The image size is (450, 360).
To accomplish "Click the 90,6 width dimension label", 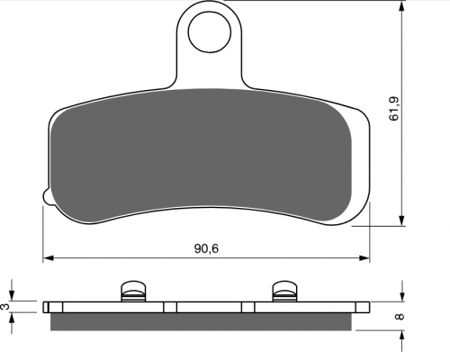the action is [x=206, y=248].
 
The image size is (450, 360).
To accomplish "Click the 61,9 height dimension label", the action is [x=394, y=109].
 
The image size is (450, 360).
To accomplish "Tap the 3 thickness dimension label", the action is [x=5, y=307].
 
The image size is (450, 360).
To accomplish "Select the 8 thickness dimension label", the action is [x=400, y=317].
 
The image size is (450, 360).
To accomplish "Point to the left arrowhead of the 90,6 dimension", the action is [x=48, y=258].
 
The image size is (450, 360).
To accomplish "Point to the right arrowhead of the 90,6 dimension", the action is [x=364, y=258].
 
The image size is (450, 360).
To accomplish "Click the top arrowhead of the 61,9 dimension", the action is [x=401, y=5].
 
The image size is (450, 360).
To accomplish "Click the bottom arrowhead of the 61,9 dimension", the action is [x=401, y=220].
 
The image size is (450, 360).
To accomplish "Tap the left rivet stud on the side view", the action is [x=133, y=291].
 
